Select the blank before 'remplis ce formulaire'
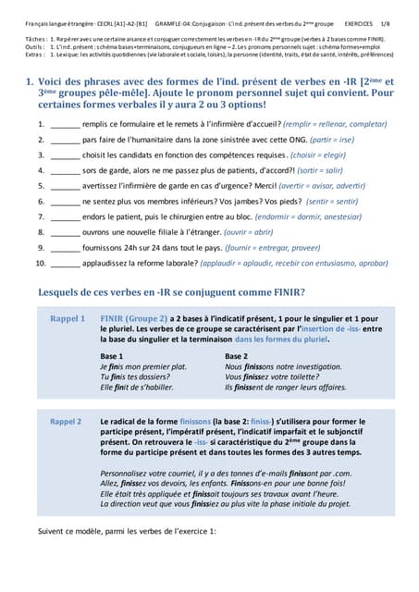pyautogui.click(x=65, y=123)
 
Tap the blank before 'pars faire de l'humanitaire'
pyautogui.click(x=65, y=139)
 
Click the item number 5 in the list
pyautogui.click(x=41, y=186)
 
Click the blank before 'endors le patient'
pyautogui.click(x=65, y=216)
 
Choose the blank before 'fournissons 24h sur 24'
pyautogui.click(x=65, y=248)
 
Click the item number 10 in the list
pyautogui.click(x=40, y=264)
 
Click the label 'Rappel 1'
pyautogui.click(x=68, y=318)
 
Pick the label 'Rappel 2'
pyautogui.click(x=68, y=421)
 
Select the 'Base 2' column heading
pyautogui.click(x=237, y=356)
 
